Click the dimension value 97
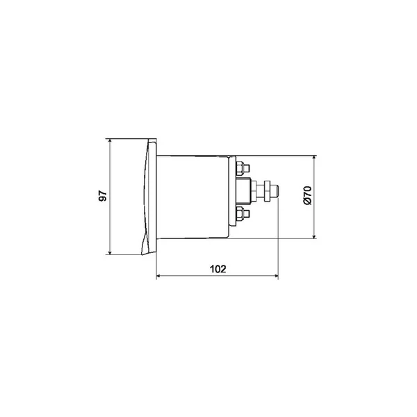point(103,195)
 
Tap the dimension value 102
point(218,269)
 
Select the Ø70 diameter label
point(307,195)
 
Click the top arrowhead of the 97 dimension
point(110,141)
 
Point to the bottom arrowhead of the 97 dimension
point(110,252)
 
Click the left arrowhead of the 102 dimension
point(158,276)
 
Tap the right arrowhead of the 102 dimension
point(276,276)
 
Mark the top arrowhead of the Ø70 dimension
point(314,158)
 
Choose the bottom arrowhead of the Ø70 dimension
point(314,236)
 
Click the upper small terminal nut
point(240,168)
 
